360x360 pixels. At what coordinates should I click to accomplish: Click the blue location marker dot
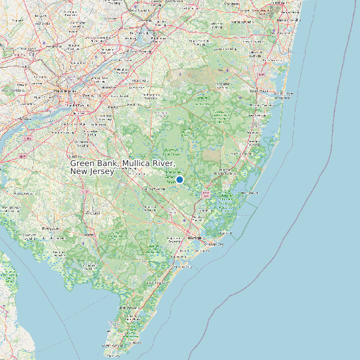point(179,179)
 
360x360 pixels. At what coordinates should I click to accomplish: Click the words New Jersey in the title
point(92,171)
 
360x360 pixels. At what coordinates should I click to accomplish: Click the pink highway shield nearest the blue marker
point(206,194)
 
